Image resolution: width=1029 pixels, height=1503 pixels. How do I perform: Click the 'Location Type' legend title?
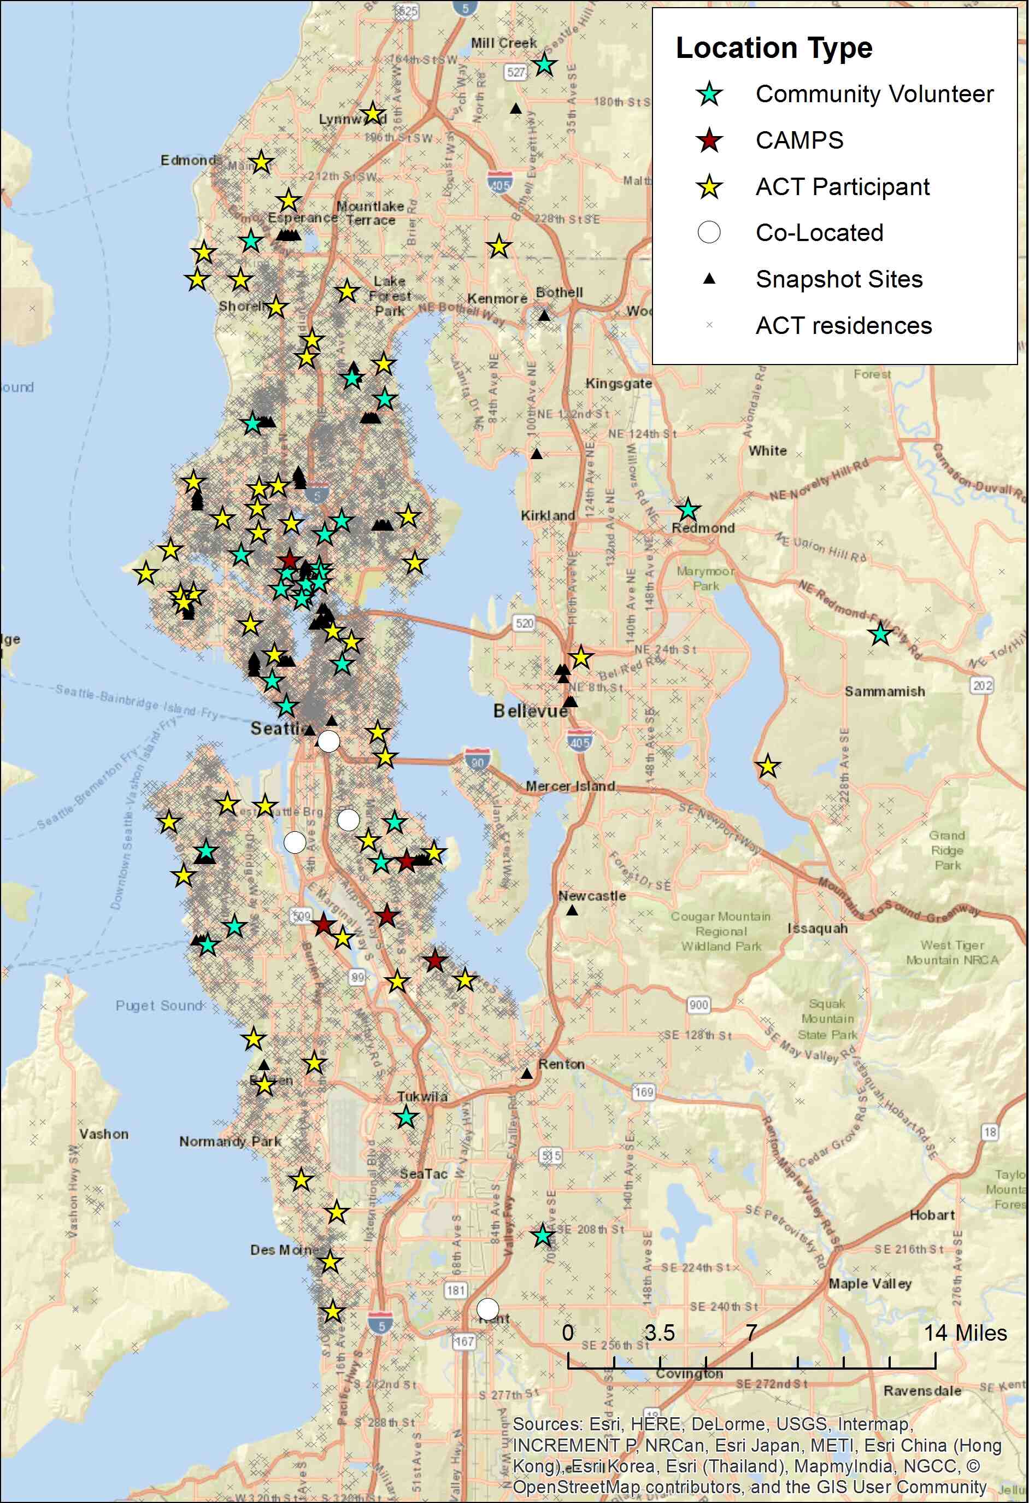point(774,49)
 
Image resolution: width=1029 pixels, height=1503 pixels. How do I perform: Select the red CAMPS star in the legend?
point(709,140)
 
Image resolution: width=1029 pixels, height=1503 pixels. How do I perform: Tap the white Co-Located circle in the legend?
point(709,232)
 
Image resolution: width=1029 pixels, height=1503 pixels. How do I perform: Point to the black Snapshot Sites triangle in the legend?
point(709,279)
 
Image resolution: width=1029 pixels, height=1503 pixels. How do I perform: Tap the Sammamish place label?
point(884,691)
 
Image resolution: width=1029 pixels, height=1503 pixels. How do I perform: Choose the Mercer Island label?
point(570,786)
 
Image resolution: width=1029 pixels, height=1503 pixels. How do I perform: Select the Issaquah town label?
point(817,929)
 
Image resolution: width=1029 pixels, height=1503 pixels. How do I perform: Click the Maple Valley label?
point(870,1284)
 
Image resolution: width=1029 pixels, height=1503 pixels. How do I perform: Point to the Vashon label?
point(103,1134)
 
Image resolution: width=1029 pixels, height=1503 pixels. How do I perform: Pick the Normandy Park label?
point(230,1142)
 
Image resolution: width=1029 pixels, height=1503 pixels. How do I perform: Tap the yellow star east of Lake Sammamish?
point(767,766)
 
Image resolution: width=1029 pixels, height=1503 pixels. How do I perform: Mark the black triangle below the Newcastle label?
point(572,911)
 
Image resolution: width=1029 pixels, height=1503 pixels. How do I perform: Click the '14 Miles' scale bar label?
point(965,1333)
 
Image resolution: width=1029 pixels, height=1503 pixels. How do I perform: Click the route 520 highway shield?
point(524,624)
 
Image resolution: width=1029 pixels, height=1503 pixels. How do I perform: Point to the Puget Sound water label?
point(158,1006)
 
